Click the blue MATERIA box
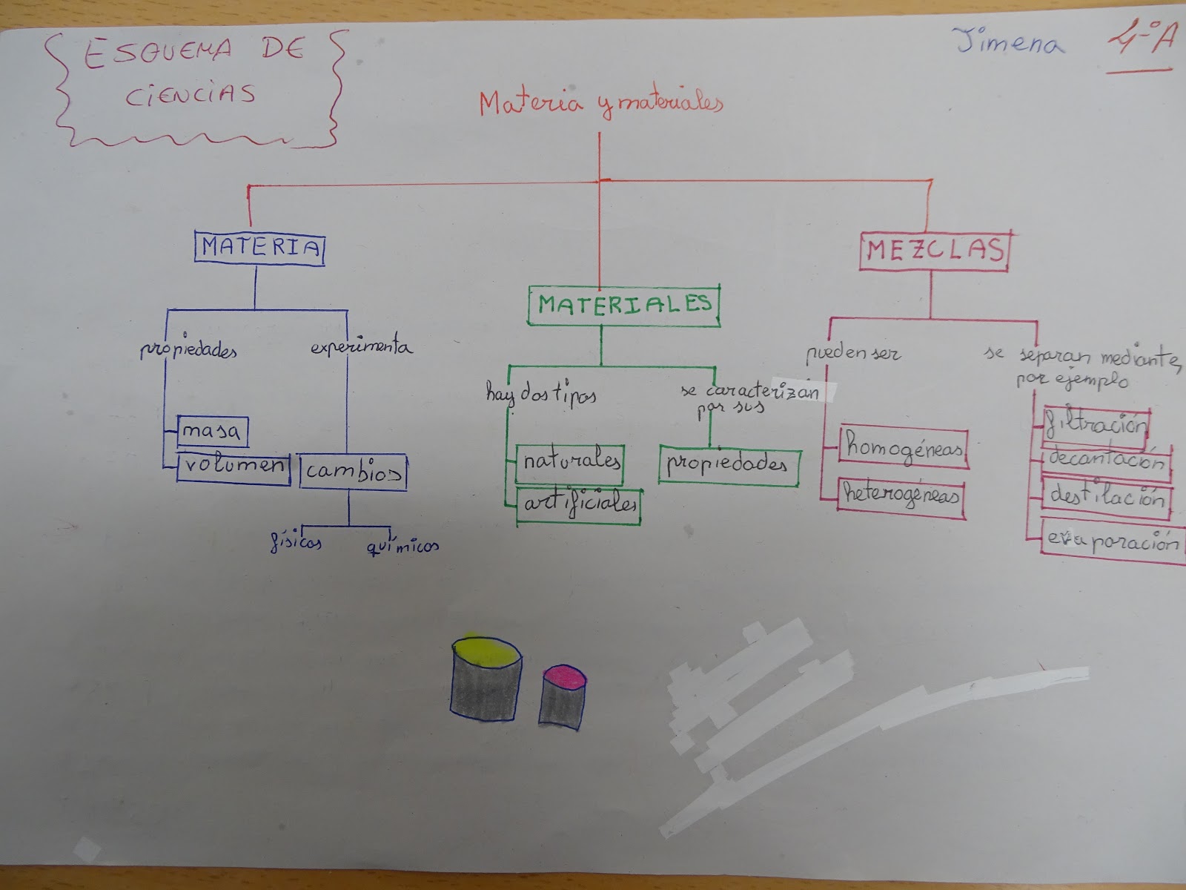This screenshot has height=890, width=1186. point(259,247)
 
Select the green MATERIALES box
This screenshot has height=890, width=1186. point(624,304)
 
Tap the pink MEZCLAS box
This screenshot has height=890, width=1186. point(934,251)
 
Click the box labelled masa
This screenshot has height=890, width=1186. point(212,431)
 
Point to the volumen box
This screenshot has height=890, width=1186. point(233,467)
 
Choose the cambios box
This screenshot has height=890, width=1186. point(354,471)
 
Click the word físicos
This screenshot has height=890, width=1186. point(295,542)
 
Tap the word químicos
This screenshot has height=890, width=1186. point(402,547)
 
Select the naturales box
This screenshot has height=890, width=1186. point(570,463)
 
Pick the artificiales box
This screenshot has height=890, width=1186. point(579,504)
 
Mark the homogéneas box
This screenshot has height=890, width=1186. point(904,448)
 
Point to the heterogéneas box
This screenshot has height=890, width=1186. point(902,496)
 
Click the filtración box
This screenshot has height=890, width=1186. point(1096,426)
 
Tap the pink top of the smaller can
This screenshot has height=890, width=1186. point(564,676)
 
